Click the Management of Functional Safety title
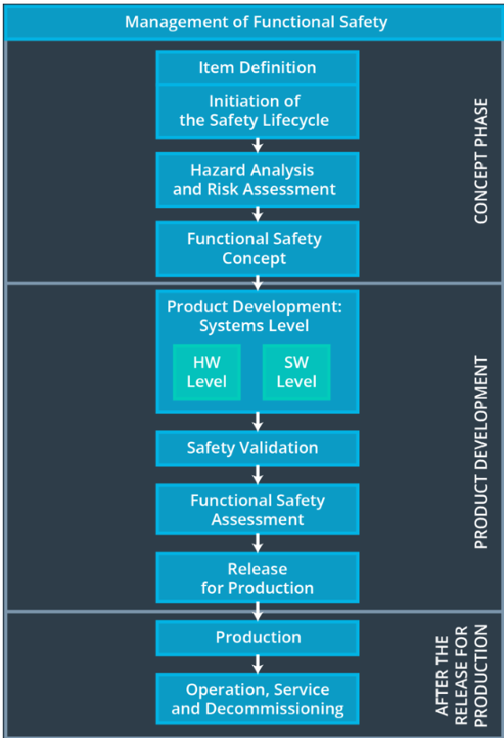coord(256,22)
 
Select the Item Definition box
coord(256,67)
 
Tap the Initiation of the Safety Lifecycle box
coord(256,111)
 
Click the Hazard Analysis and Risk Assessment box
coord(256,179)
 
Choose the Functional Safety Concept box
coord(256,248)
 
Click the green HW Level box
coord(207,372)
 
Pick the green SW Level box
coord(296,372)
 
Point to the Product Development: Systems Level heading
coord(256,316)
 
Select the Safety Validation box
coord(256,447)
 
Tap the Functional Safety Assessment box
coord(256,509)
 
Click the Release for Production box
coord(256,578)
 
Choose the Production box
coord(256,637)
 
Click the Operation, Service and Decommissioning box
coord(256,699)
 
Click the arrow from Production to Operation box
coord(258,664)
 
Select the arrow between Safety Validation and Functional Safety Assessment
coord(258,473)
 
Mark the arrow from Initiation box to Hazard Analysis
coord(258,144)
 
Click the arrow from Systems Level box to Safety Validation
coord(258,421)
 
